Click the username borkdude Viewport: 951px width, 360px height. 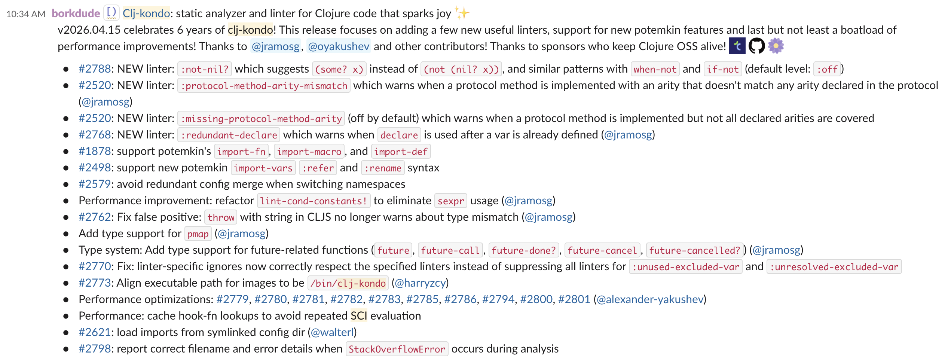76,13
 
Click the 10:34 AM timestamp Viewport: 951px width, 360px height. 26,14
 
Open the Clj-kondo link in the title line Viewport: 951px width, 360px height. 146,13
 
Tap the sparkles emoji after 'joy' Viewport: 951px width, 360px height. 462,13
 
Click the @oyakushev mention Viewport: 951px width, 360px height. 339,46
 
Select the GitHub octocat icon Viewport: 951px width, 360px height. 756,46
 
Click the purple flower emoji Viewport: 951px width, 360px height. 776,46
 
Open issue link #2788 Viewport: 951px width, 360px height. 95,69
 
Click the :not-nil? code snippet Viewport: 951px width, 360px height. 205,69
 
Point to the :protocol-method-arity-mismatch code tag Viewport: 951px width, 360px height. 264,86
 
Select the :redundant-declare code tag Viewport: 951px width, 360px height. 229,135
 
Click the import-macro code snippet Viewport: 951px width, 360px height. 309,152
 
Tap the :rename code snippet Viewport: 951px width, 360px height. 383,168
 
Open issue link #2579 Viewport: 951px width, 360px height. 95,184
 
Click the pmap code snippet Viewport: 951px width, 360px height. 198,234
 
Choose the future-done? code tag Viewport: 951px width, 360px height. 524,250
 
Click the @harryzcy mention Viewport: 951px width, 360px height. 420,283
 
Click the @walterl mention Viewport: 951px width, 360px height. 332,332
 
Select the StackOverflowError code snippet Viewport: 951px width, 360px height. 397,349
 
